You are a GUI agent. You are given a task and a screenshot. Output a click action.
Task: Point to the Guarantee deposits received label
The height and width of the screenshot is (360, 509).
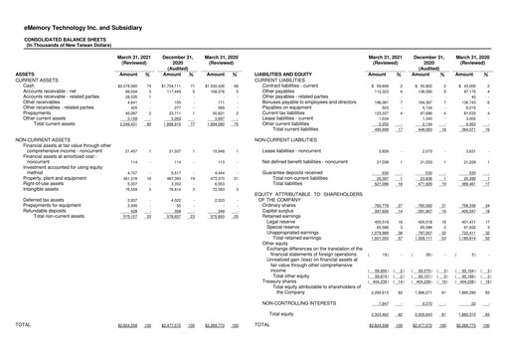(x=304, y=172)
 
